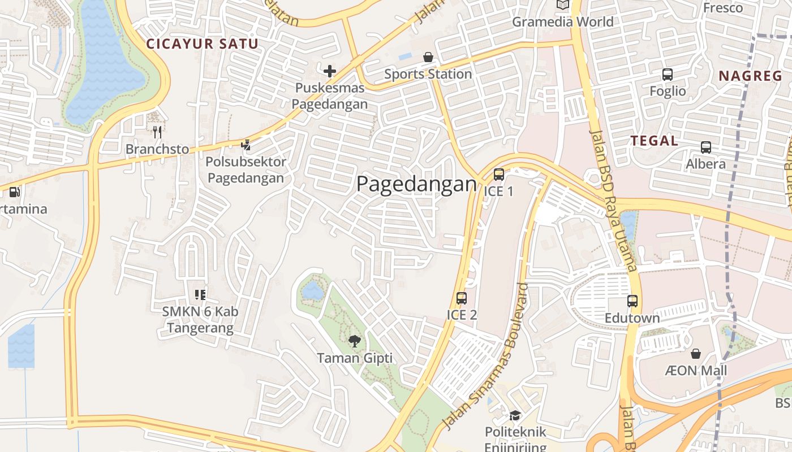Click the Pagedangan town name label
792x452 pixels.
tap(416, 184)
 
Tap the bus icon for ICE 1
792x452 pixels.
tap(498, 175)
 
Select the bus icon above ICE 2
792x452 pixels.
tap(462, 298)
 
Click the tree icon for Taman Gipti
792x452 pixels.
tap(355, 341)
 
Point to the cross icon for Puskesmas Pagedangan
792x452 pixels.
tap(330, 71)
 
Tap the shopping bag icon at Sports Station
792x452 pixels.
tap(428, 57)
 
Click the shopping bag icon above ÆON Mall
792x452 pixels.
tap(695, 354)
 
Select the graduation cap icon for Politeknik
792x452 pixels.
tap(515, 416)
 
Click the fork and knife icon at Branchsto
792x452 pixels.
tap(157, 132)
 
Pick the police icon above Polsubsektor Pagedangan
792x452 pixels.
tap(246, 145)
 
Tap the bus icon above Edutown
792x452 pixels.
tap(632, 301)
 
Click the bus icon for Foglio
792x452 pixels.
tap(668, 75)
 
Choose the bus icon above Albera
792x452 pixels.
tap(706, 147)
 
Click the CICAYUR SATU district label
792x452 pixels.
tap(203, 44)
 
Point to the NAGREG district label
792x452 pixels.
tap(750, 76)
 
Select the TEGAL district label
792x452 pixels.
tap(654, 141)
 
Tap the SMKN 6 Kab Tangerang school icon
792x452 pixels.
tap(200, 294)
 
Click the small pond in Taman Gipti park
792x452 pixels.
tap(312, 290)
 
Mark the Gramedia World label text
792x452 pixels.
tap(562, 22)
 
